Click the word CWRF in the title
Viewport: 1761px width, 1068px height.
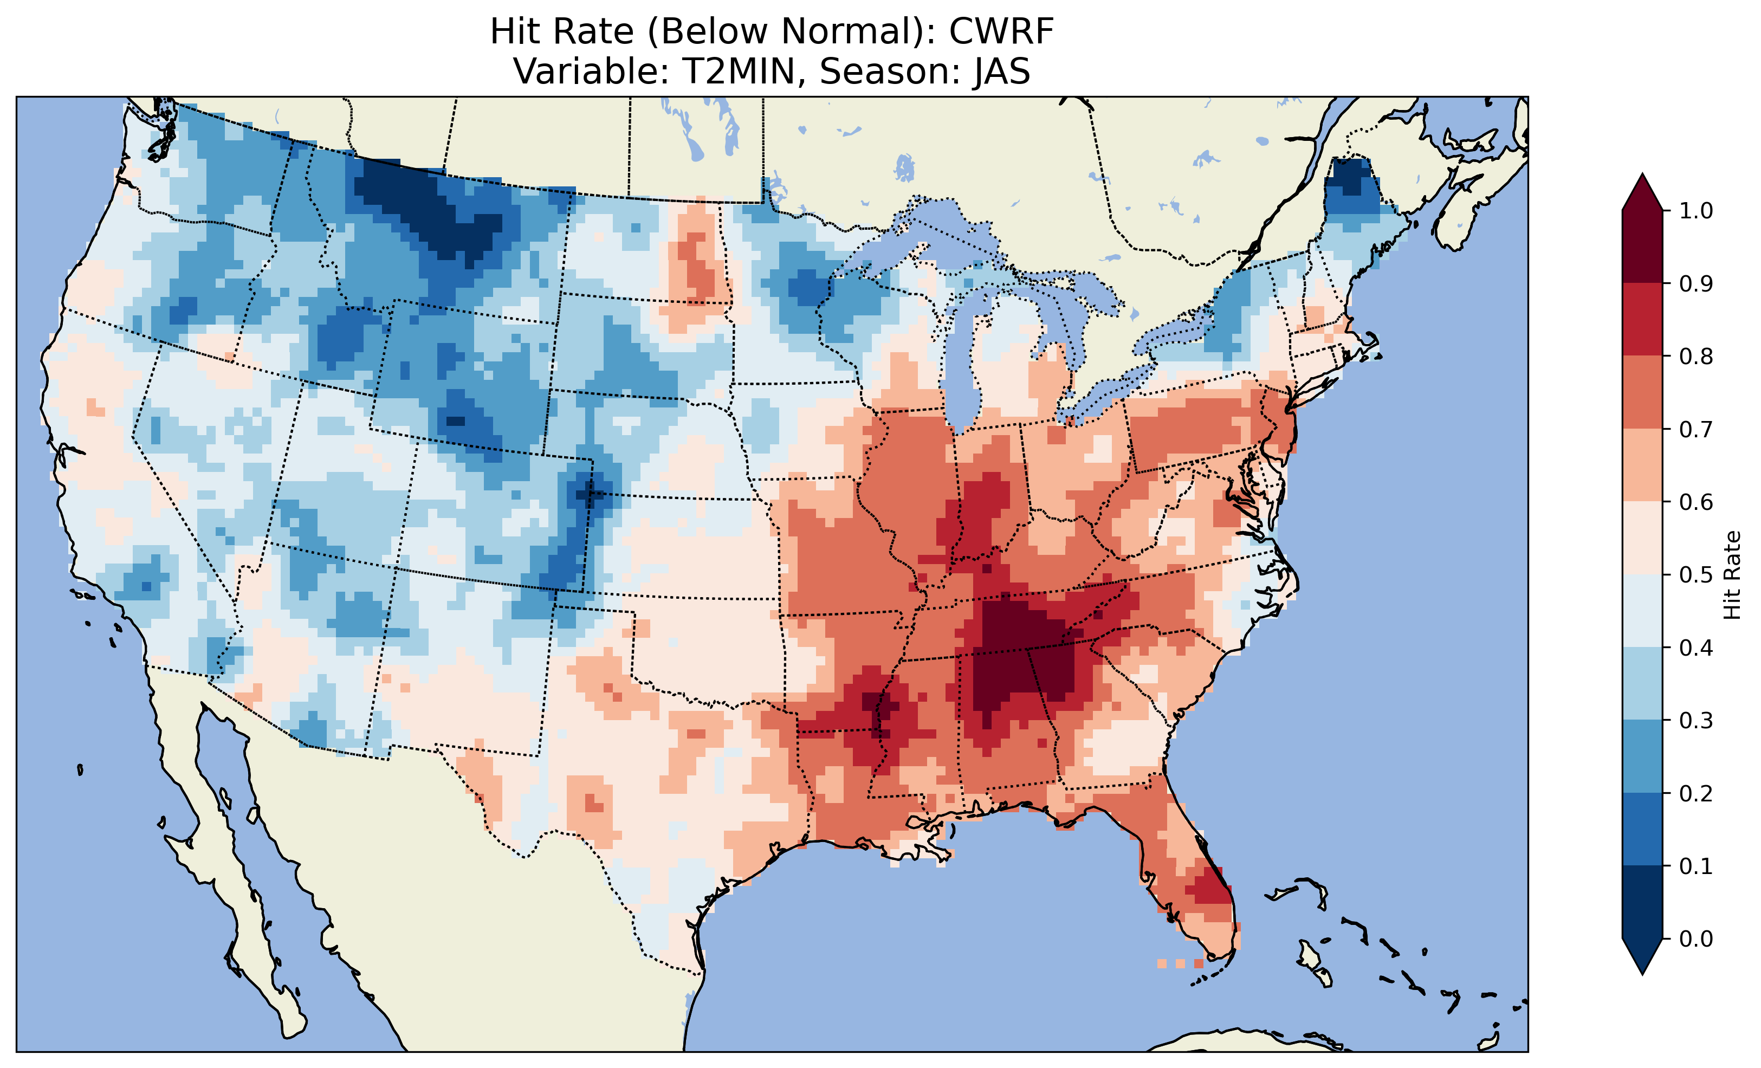[x=1001, y=31]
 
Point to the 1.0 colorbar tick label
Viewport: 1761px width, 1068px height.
[x=1696, y=211]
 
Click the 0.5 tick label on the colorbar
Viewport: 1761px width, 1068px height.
[x=1696, y=575]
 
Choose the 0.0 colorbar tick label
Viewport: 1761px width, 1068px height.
[x=1696, y=938]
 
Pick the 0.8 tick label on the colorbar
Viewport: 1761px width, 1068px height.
[x=1696, y=356]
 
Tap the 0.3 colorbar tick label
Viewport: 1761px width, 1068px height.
[x=1696, y=721]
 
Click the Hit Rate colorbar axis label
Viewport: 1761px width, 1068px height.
[x=1732, y=575]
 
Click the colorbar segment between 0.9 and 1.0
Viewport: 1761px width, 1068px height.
[x=1642, y=247]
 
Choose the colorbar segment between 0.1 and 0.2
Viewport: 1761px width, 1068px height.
[x=1642, y=829]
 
